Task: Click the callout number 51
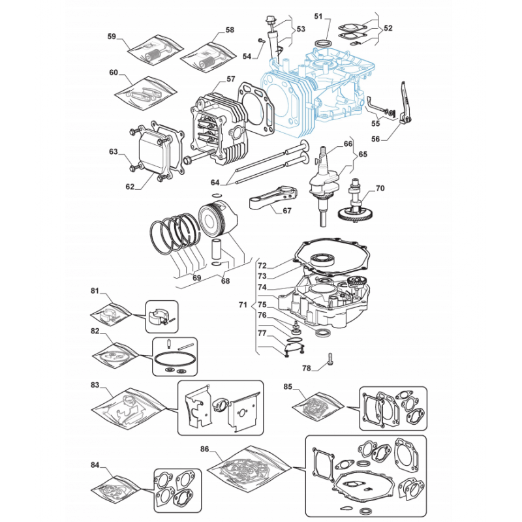point(318,16)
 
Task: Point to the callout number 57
point(231,79)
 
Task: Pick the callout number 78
point(306,368)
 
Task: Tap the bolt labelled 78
point(330,360)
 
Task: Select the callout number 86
point(204,449)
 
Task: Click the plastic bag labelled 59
point(156,50)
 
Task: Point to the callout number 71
point(243,305)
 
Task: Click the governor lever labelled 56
point(404,104)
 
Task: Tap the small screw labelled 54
point(261,40)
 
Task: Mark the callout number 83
point(95,384)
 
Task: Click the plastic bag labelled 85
point(318,406)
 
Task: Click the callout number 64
point(215,182)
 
